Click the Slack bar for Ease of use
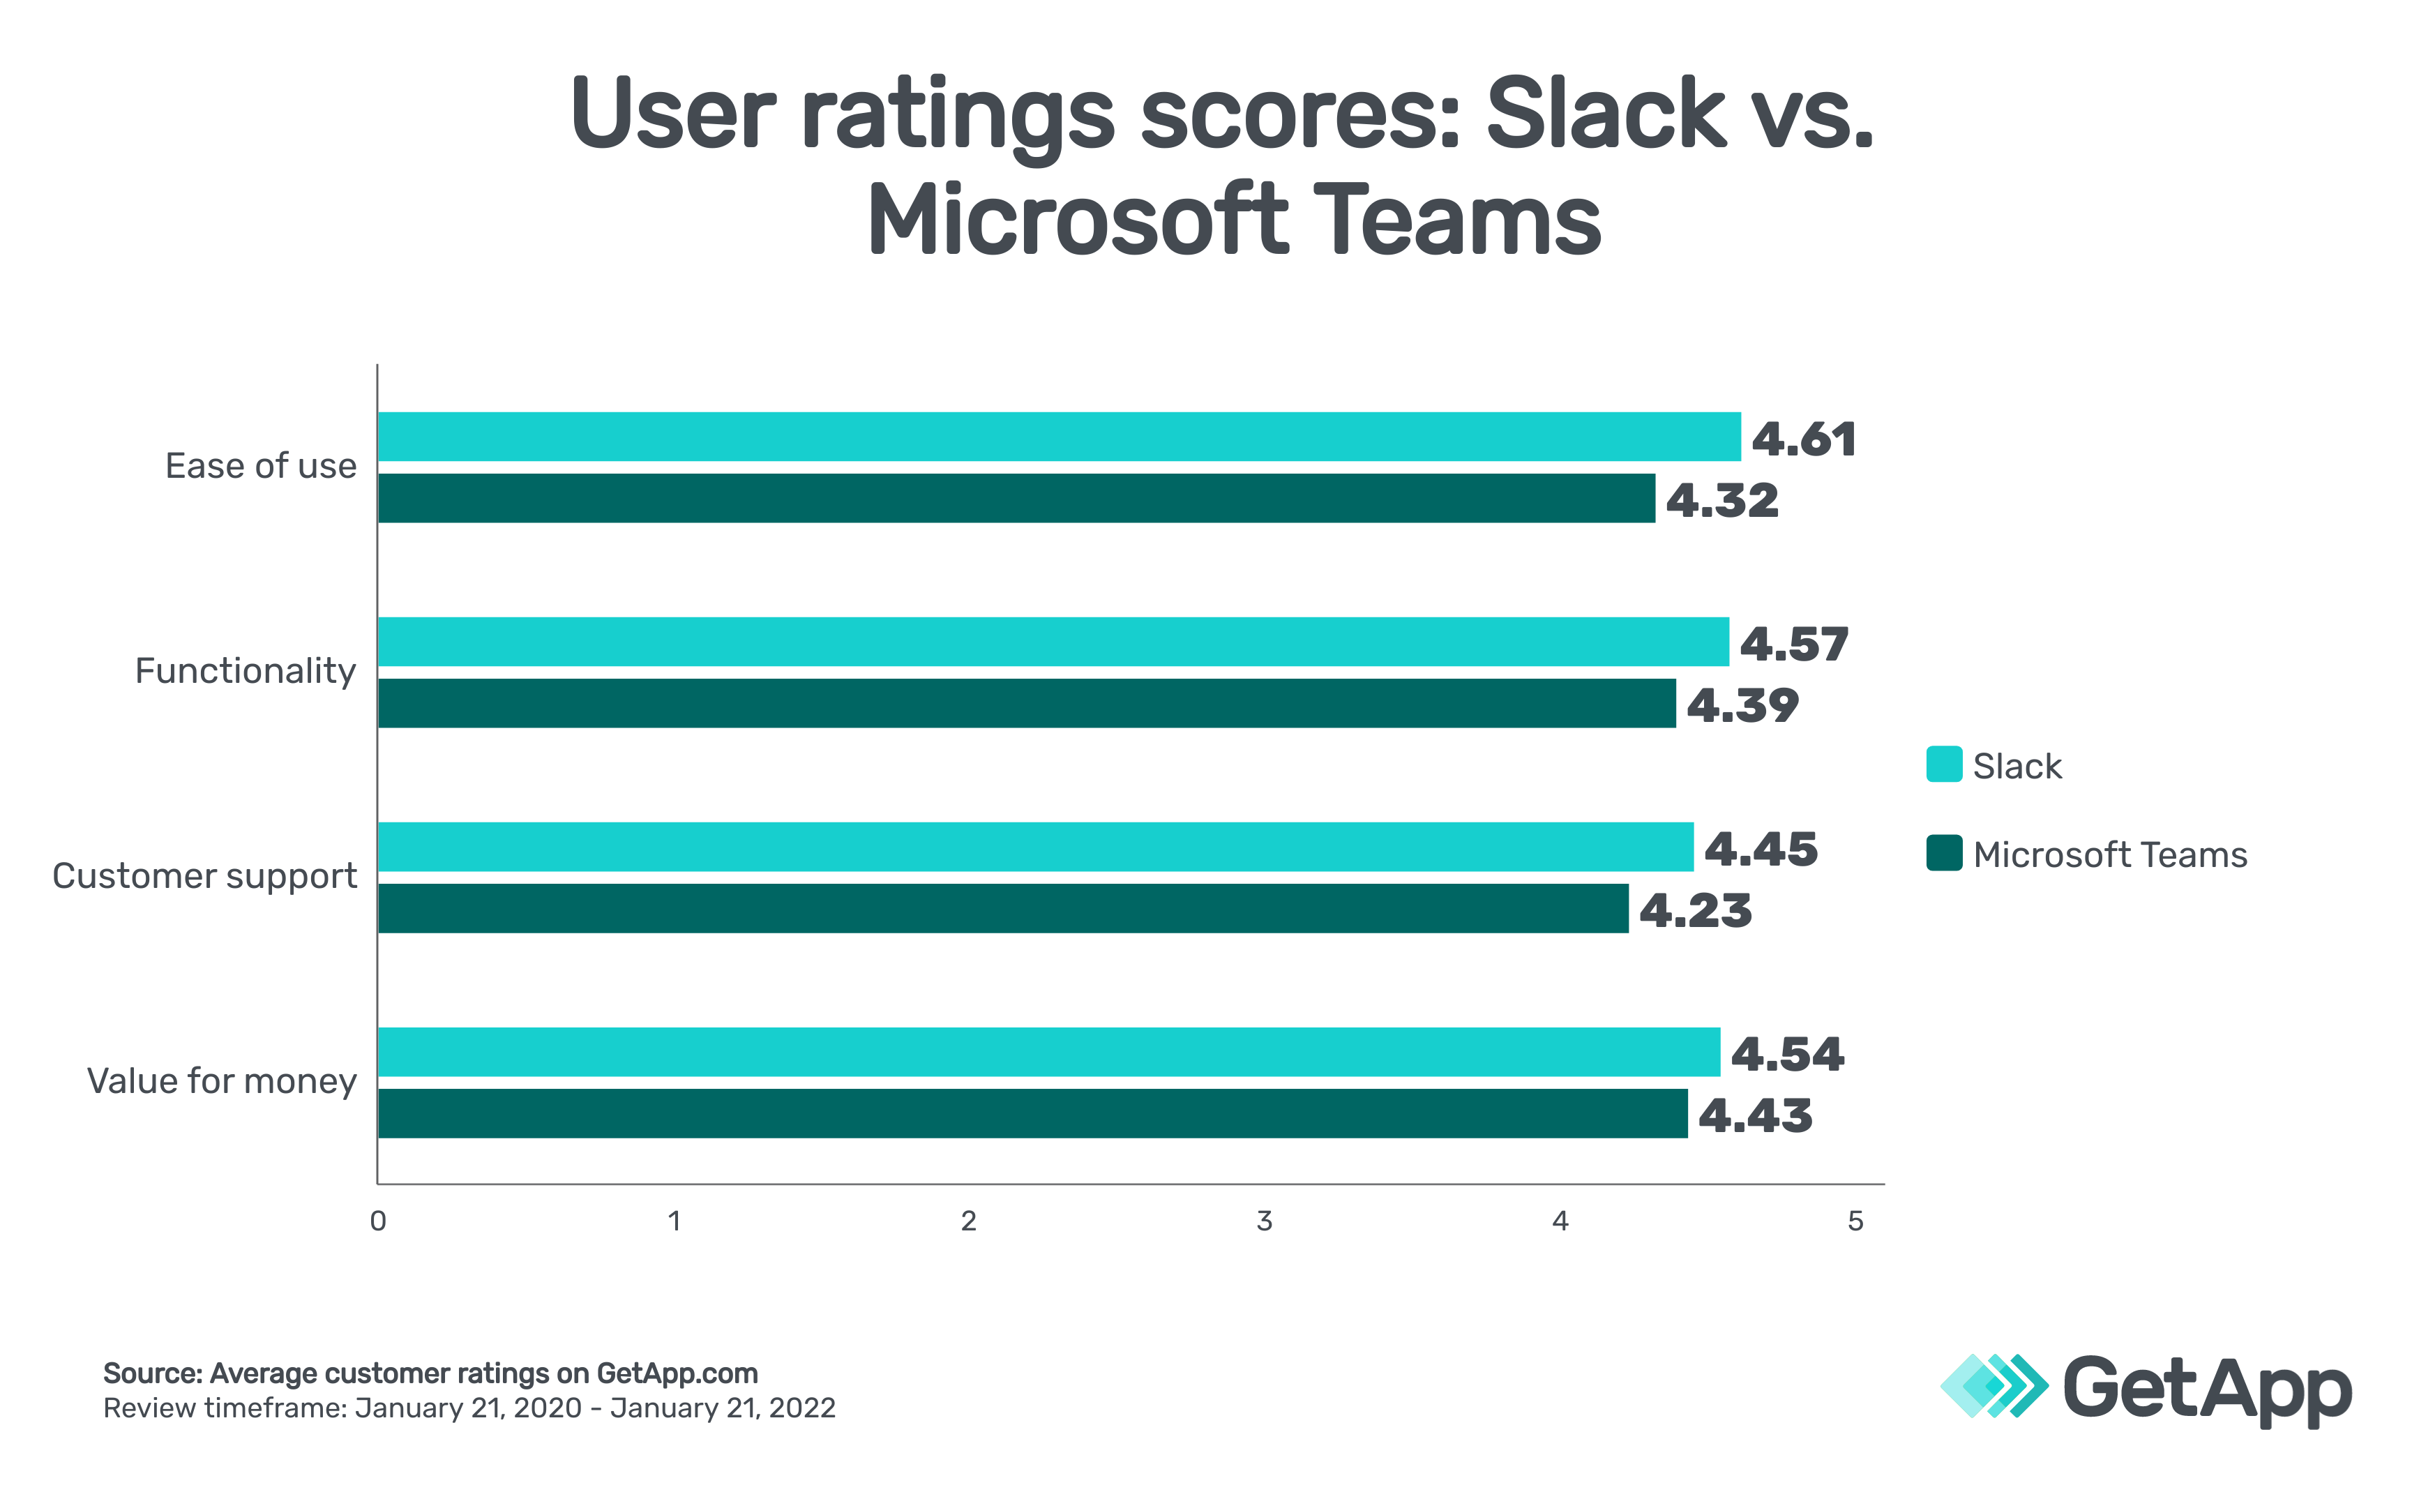(1059, 436)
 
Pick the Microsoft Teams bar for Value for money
(1032, 1113)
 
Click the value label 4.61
(1803, 439)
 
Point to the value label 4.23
(1695, 910)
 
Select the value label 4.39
(1742, 704)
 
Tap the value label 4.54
(1786, 1054)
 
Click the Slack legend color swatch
(1943, 764)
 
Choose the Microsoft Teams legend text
(2109, 854)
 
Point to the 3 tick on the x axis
(1264, 1221)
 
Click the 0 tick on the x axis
(378, 1221)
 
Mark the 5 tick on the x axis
(1855, 1221)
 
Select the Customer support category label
(204, 876)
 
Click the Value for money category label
(221, 1081)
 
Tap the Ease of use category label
(260, 466)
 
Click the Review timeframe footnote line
(469, 1408)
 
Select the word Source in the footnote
(152, 1373)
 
